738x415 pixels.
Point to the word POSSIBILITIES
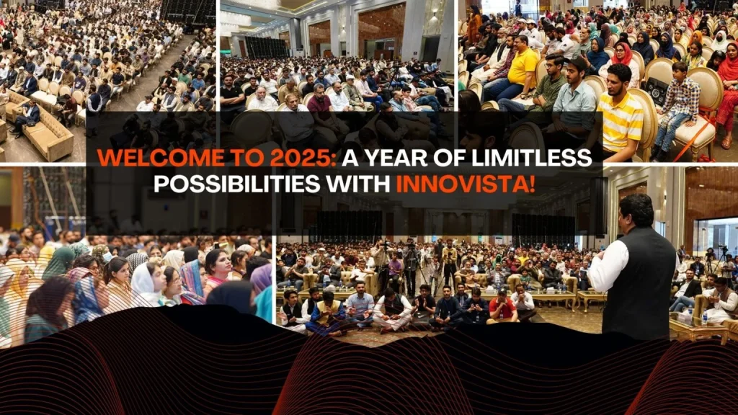(236, 184)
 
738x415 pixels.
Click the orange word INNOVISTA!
(466, 184)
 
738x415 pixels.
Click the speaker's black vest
(639, 282)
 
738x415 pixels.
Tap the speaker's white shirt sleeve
(606, 268)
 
